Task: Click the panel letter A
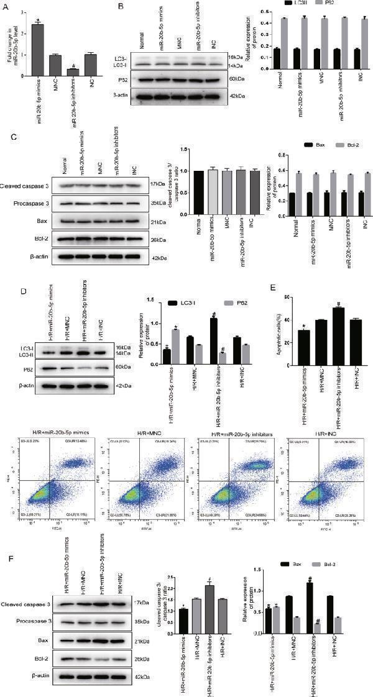point(5,5)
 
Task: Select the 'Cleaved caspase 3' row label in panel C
point(25,185)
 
